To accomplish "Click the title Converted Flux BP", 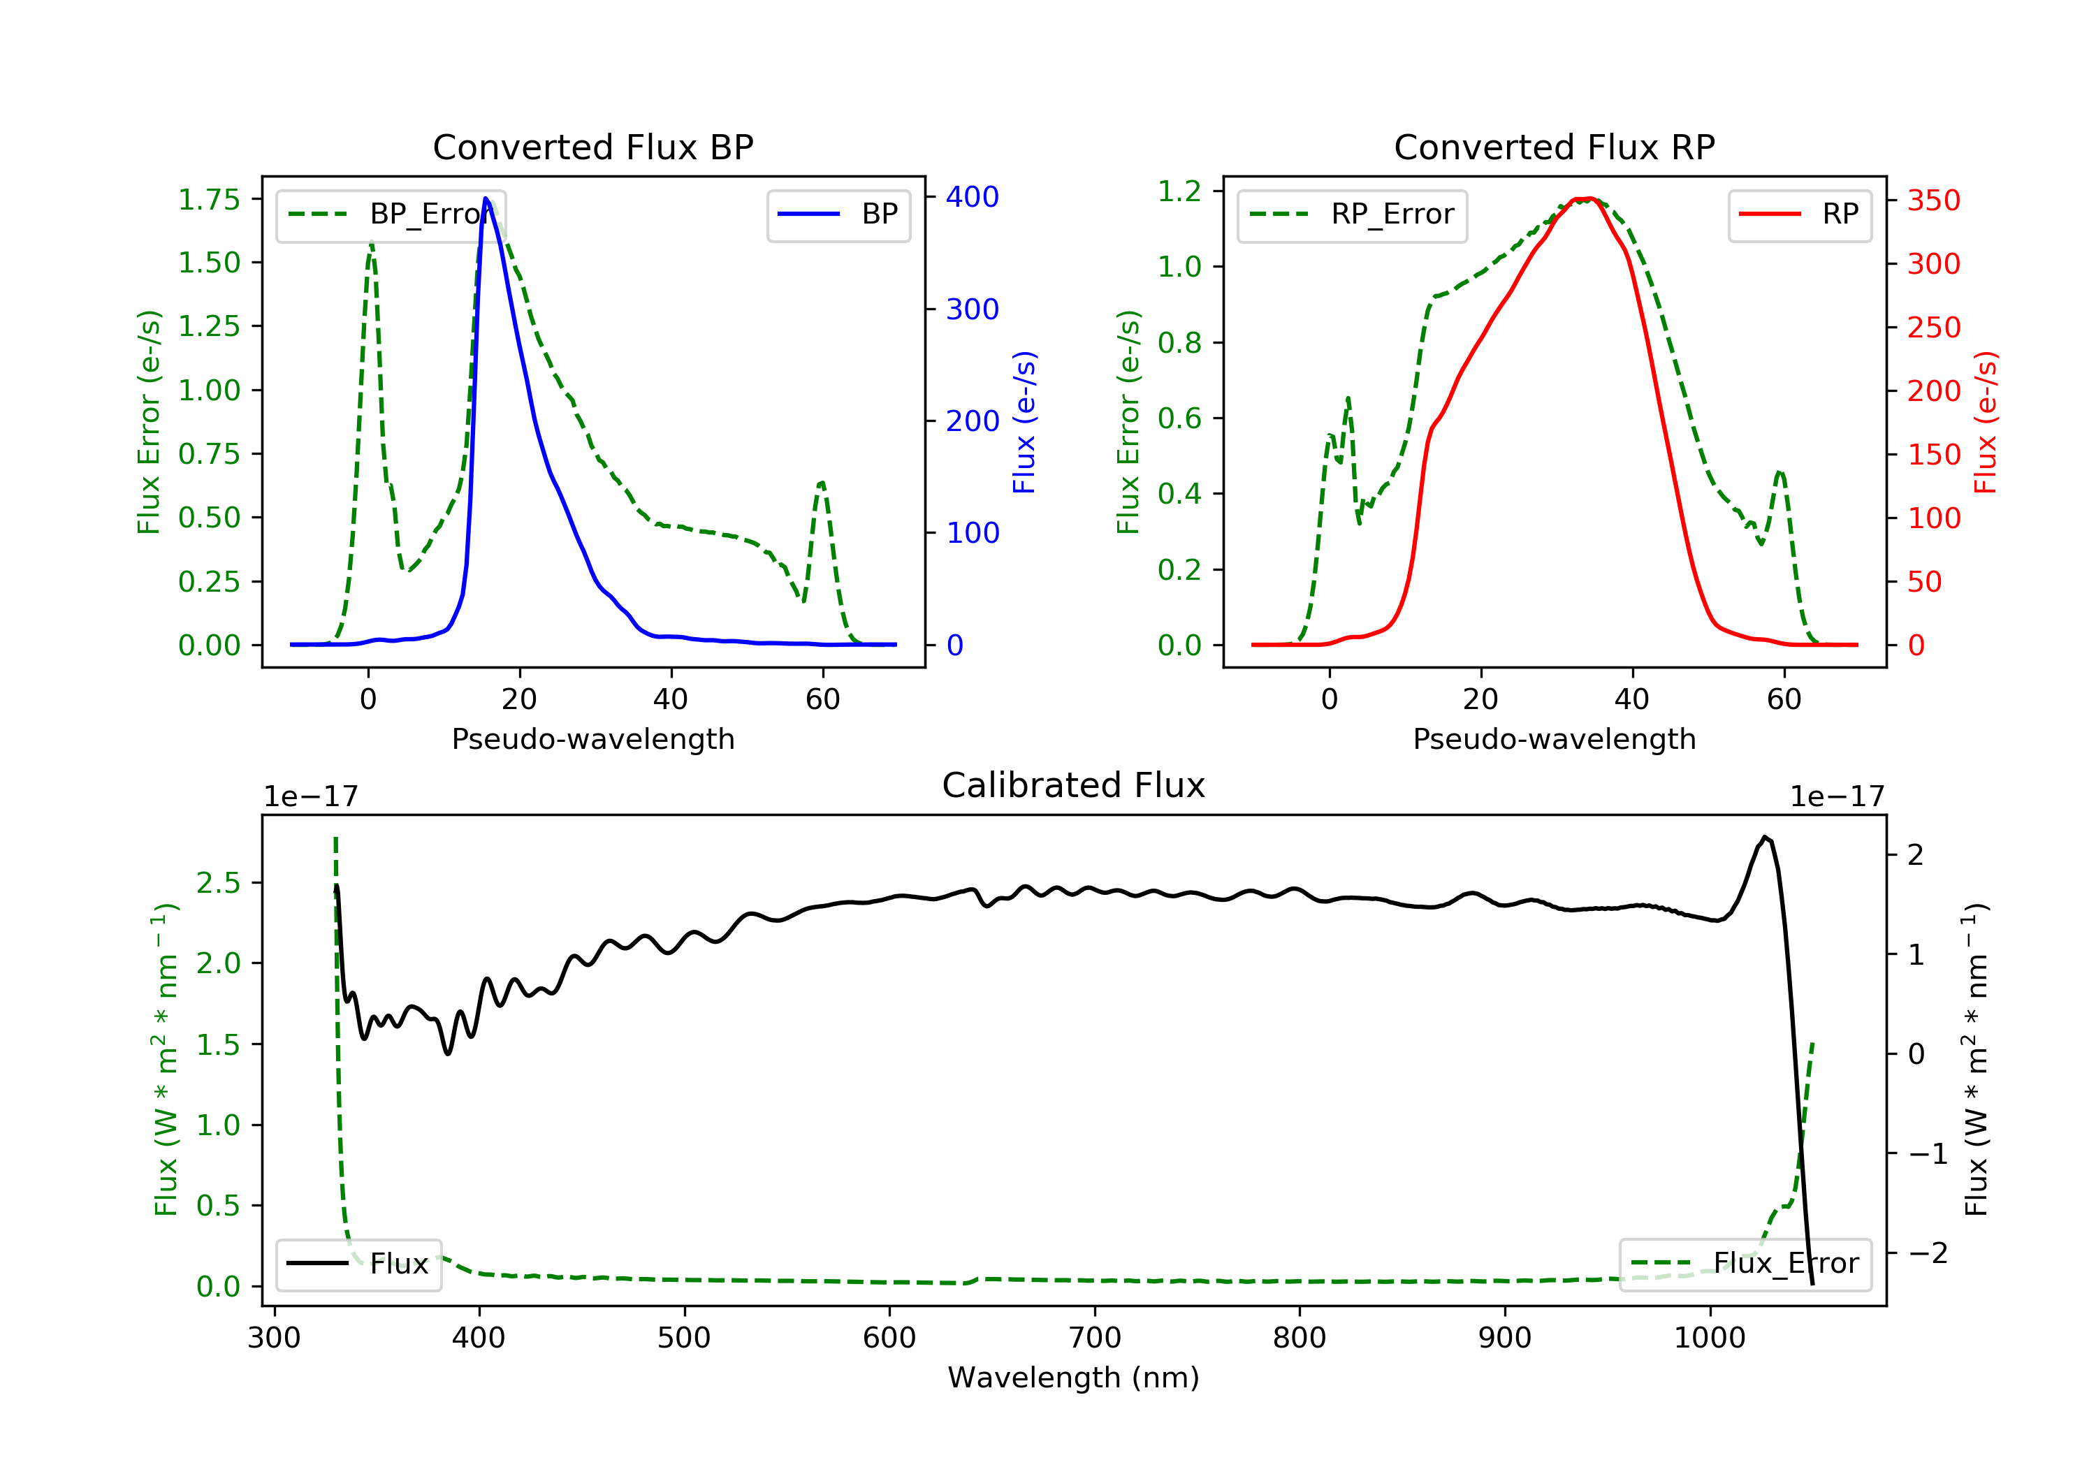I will (x=592, y=147).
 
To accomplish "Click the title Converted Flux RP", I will (x=1554, y=147).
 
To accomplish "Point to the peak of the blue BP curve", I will (x=486, y=198).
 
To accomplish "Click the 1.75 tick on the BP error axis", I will (x=209, y=200).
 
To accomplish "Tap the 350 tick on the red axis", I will (x=1933, y=200).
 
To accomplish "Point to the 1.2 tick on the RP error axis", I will (x=1179, y=191).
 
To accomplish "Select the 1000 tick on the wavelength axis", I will (x=1709, y=1338).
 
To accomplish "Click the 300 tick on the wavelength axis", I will (x=274, y=1338).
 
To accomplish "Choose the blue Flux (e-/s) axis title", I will (x=1024, y=422).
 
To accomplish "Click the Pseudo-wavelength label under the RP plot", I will (x=1554, y=739).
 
